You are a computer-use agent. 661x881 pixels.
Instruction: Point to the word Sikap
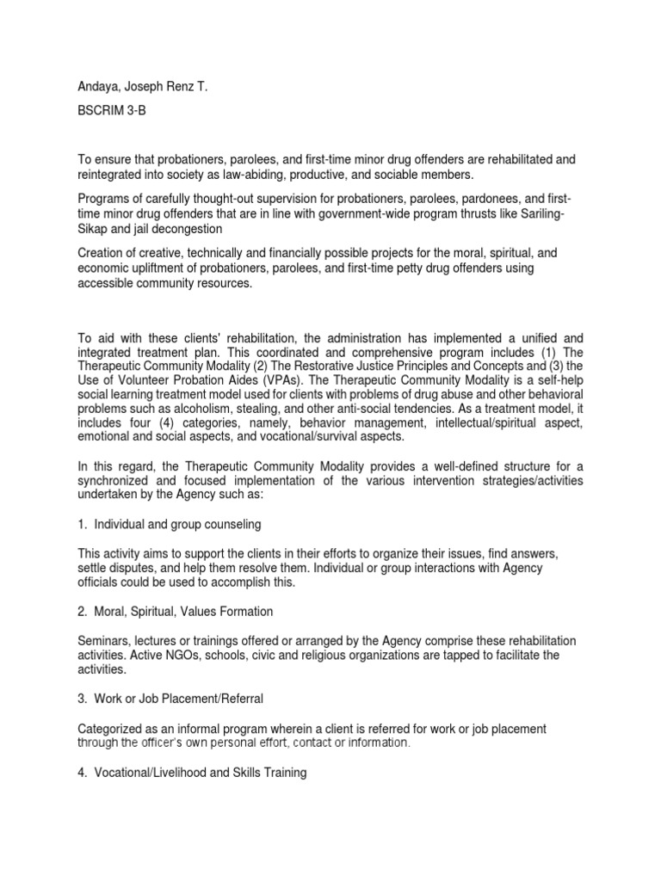(94, 229)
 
